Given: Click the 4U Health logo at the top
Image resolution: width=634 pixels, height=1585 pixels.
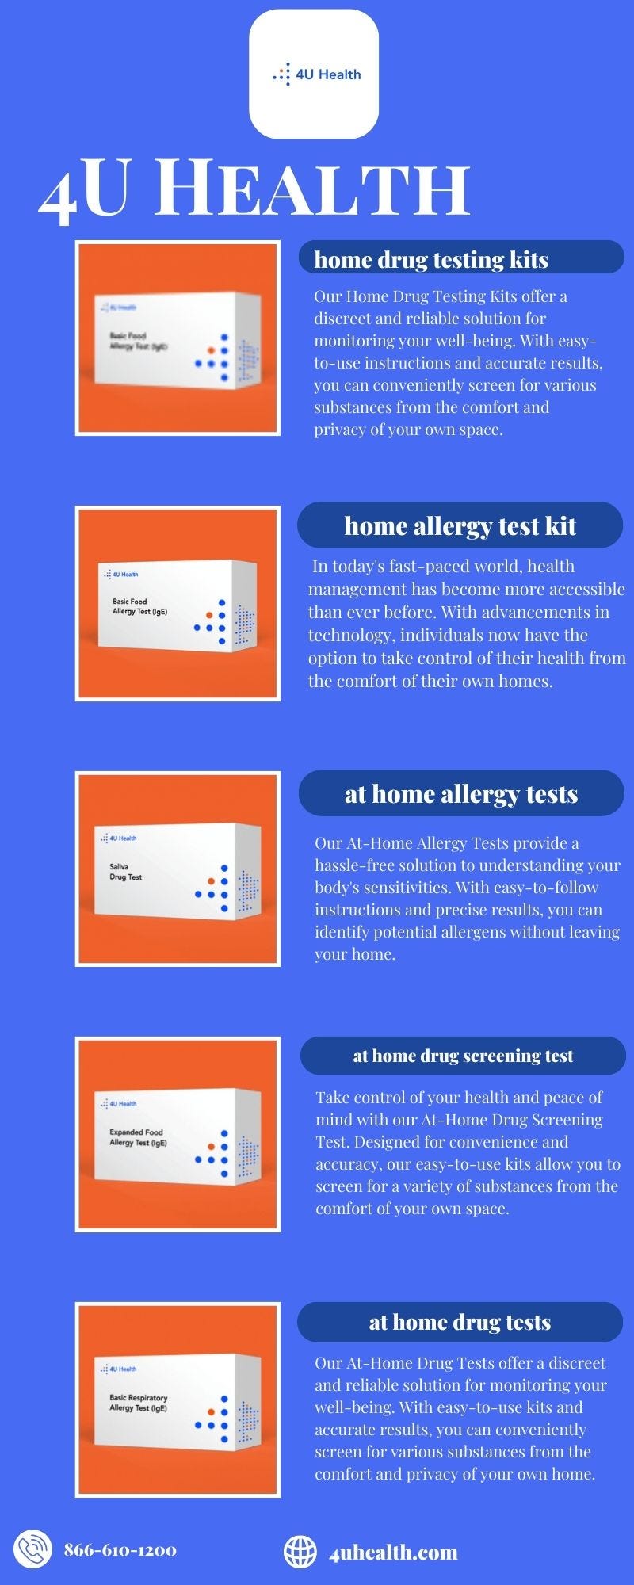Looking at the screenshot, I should [x=315, y=74].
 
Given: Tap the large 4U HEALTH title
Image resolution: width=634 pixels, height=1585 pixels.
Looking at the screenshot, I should [x=254, y=191].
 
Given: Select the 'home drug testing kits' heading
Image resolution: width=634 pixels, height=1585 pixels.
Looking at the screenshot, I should [x=431, y=259].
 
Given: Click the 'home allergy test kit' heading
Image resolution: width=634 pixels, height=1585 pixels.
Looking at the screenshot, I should [x=460, y=525].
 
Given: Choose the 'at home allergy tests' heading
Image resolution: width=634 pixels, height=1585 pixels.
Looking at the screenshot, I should [x=460, y=793].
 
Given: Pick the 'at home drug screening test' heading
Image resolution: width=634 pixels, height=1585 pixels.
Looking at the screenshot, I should [x=463, y=1056].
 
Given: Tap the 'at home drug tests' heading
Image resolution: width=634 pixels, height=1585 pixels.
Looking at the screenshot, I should [x=460, y=1322].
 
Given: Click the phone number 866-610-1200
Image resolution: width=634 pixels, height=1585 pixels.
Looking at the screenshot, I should [x=120, y=1550].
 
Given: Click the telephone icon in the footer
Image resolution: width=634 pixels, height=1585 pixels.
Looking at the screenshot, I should [x=32, y=1549].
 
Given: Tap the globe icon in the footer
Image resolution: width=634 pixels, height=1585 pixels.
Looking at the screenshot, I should [x=300, y=1552].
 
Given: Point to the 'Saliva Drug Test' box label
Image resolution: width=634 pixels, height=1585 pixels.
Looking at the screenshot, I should [x=125, y=872].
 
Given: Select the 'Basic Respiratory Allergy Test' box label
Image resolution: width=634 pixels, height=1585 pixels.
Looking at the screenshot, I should [x=139, y=1403].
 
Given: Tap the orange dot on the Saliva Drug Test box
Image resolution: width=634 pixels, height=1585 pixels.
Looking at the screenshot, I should [x=211, y=881].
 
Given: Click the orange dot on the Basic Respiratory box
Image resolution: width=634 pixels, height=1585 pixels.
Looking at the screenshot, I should [x=211, y=1412].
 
